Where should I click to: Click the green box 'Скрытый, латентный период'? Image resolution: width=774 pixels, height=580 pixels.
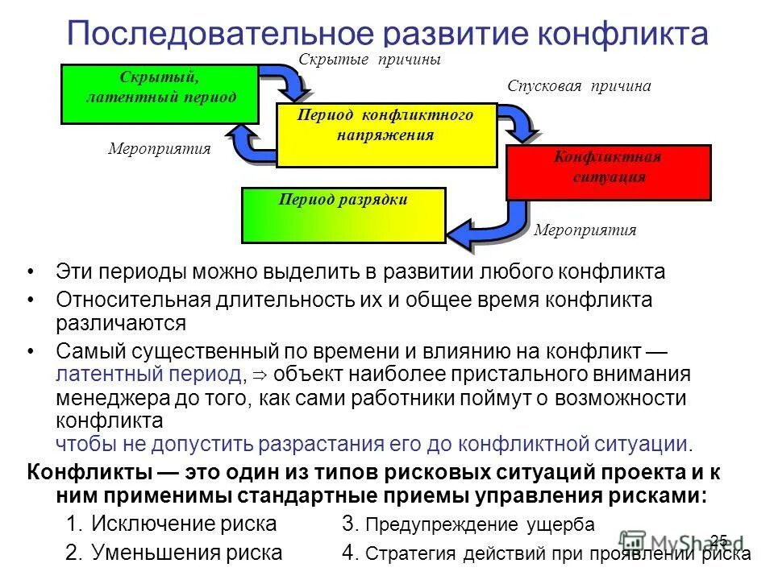tap(160, 94)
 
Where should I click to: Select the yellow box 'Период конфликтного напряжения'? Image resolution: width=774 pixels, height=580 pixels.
tap(386, 135)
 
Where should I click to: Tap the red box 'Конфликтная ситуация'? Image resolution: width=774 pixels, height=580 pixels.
tap(608, 172)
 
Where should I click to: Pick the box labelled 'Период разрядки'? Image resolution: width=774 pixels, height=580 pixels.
tap(343, 215)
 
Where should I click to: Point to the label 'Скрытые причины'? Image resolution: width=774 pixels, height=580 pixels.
tap(370, 60)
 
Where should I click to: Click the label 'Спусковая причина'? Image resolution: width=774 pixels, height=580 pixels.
tap(579, 86)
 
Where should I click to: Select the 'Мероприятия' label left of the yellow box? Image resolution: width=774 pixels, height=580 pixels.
tap(160, 148)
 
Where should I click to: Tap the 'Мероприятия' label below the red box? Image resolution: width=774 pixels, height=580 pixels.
tap(585, 230)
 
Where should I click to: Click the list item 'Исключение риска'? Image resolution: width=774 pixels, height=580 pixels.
tap(184, 524)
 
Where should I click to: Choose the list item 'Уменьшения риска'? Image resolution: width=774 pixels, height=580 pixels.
tap(186, 553)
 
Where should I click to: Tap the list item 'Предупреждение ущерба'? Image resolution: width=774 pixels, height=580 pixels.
tap(480, 524)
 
